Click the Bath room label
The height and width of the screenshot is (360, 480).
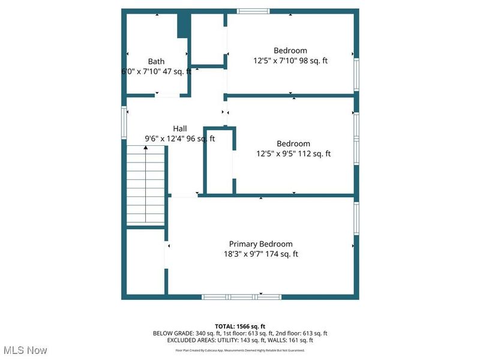tap(156, 61)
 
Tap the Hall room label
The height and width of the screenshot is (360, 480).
tap(180, 128)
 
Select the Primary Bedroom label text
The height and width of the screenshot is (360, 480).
tap(261, 244)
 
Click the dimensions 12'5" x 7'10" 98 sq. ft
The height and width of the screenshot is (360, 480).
tap(290, 61)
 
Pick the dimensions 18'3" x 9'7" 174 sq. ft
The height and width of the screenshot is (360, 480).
tap(261, 254)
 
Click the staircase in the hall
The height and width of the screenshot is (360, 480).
tap(146, 186)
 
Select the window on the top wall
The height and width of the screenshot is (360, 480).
tap(253, 11)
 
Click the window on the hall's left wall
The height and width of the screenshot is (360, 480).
tap(125, 123)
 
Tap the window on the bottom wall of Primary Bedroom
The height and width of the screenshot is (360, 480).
tap(242, 296)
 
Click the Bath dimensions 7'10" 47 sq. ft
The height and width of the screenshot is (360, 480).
tap(162, 71)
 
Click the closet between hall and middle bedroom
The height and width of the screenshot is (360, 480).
tap(219, 161)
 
